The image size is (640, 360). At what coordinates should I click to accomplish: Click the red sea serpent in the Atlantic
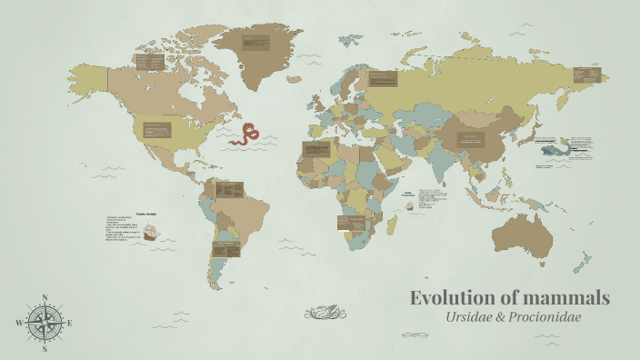click(x=245, y=135)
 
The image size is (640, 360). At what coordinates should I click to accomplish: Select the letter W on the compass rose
click(x=19, y=323)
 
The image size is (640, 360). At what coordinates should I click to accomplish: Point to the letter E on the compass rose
click(x=70, y=323)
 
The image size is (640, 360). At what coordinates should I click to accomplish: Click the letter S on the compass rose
click(x=45, y=348)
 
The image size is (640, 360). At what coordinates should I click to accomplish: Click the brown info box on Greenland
click(x=255, y=43)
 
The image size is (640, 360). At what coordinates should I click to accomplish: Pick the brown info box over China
click(x=471, y=139)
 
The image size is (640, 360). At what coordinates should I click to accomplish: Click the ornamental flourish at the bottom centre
click(x=325, y=314)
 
